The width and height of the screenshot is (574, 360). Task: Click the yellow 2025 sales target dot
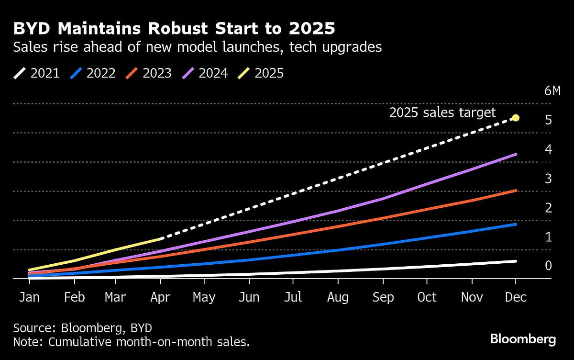[x=516, y=118]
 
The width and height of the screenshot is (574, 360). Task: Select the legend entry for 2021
[x=37, y=73]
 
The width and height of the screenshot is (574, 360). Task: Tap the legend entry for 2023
[x=148, y=73]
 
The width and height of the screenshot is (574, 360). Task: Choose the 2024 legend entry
[x=204, y=73]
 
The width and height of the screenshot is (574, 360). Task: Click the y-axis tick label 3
[x=548, y=179]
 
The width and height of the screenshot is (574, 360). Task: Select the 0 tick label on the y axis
[x=548, y=266]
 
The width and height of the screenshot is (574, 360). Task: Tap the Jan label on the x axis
[x=30, y=297]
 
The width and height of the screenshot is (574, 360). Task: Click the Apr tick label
[x=160, y=297]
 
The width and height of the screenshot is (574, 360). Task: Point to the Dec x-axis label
[x=516, y=297]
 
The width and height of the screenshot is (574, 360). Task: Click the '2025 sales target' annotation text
[x=442, y=113]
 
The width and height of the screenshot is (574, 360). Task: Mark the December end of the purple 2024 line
[x=515, y=155]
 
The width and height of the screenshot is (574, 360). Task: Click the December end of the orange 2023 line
[x=515, y=191]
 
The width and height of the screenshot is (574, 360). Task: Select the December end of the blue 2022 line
[x=515, y=224]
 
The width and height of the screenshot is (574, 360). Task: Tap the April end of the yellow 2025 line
[x=160, y=239]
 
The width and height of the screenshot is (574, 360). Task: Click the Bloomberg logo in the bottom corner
[x=523, y=339]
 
